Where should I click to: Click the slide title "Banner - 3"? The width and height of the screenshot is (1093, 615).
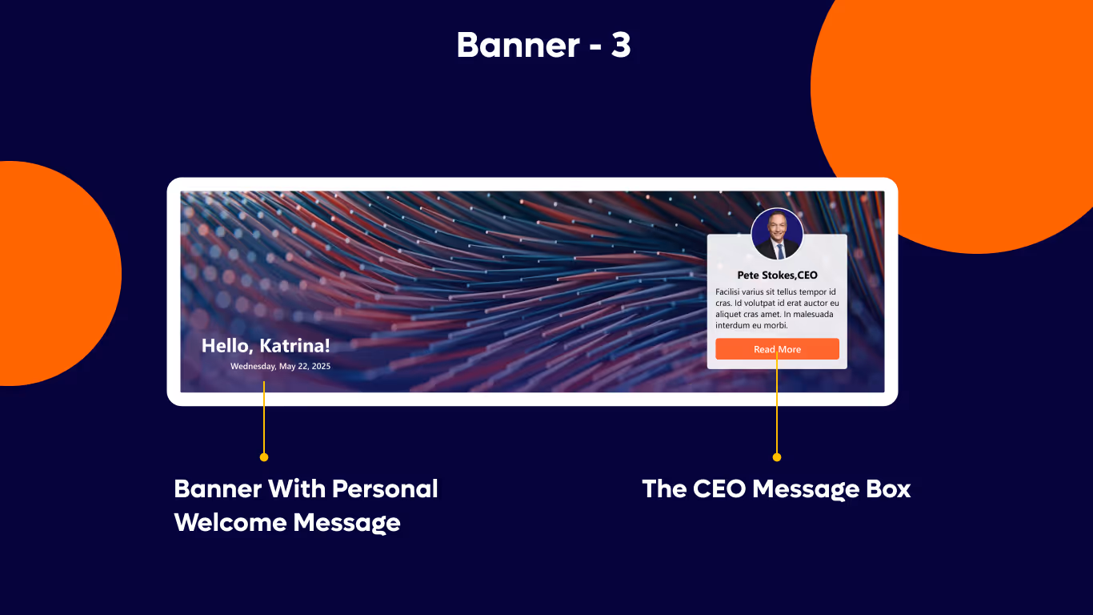point(543,46)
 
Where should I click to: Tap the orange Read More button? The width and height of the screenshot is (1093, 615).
point(777,349)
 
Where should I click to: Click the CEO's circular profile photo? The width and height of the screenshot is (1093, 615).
point(777,234)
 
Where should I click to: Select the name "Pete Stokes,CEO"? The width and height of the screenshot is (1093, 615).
point(777,275)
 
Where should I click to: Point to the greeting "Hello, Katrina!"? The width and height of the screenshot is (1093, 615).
point(266,346)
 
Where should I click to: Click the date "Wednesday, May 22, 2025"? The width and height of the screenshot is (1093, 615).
point(280,366)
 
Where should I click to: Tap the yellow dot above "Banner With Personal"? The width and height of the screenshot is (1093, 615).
point(264,457)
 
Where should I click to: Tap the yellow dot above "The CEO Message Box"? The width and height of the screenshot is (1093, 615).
point(776,457)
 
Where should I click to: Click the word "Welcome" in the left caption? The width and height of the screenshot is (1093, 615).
point(230,523)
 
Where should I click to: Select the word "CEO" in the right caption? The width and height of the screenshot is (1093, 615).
point(717,489)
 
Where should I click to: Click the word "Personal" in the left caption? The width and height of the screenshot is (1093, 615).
point(385,489)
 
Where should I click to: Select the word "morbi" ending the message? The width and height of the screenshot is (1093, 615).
point(775,326)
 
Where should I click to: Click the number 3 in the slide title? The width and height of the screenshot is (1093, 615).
point(621,46)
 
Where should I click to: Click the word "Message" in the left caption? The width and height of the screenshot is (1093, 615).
point(346,523)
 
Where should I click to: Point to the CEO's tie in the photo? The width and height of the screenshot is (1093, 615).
point(779,250)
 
